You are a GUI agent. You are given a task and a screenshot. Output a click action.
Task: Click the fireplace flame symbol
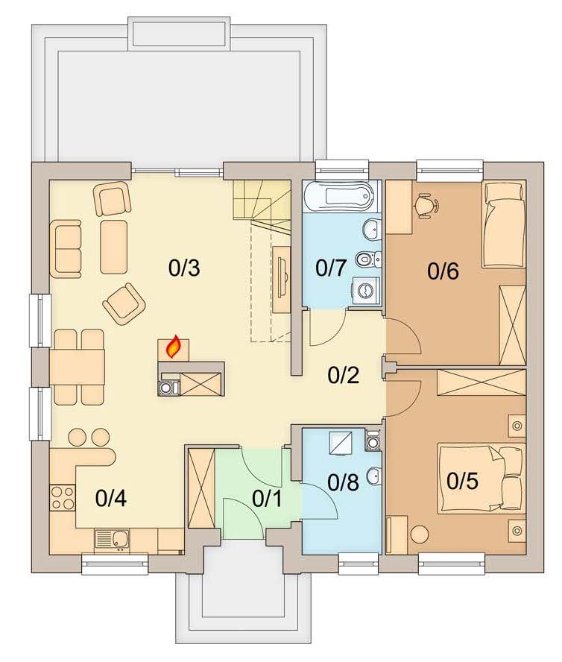[173, 347]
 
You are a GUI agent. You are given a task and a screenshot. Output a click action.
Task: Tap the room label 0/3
[184, 268]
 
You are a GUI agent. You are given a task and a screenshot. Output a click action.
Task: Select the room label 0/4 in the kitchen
[111, 498]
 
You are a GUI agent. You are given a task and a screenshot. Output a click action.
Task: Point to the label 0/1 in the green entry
[267, 499]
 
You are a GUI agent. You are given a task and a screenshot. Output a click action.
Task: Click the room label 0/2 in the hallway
[344, 375]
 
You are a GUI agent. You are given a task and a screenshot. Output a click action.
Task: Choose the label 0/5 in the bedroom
[462, 481]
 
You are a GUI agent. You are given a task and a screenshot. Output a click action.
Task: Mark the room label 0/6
[443, 271]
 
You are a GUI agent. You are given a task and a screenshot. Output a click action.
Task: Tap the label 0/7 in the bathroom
[332, 268]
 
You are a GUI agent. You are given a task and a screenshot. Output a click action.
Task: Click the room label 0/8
[344, 482]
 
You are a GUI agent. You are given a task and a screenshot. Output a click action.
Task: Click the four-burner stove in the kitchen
[63, 498]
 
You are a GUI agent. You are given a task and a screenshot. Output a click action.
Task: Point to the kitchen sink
[113, 540]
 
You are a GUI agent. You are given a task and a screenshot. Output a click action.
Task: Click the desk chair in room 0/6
[426, 205]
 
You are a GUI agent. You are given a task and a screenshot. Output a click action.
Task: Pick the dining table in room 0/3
[77, 367]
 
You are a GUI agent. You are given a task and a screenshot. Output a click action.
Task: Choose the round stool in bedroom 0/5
[420, 535]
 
